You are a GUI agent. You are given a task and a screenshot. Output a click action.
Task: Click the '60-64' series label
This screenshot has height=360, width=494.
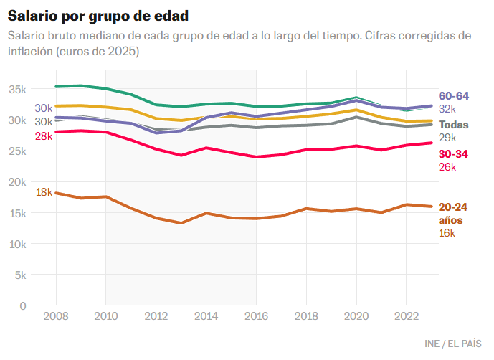(x=453, y=96)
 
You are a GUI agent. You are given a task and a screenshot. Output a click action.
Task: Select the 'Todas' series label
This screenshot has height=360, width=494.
(x=453, y=125)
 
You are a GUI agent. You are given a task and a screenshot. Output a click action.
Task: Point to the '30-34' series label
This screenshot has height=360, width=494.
(x=453, y=153)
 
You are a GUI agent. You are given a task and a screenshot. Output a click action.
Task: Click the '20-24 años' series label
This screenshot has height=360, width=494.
(x=452, y=214)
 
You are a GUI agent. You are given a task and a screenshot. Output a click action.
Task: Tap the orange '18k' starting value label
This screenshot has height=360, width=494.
(x=44, y=191)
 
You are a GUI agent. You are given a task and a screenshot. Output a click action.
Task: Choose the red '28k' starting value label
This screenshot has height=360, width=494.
(x=43, y=136)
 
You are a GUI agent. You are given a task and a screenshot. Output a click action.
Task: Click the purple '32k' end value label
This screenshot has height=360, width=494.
(x=447, y=109)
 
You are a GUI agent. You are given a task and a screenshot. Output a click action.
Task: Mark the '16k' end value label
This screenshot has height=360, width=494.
(x=447, y=233)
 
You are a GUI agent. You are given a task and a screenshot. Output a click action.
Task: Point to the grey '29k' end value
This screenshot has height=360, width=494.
(x=447, y=138)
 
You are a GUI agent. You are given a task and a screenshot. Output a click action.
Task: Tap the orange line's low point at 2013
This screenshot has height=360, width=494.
(x=181, y=223)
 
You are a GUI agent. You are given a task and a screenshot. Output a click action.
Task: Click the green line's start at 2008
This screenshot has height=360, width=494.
(x=56, y=87)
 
